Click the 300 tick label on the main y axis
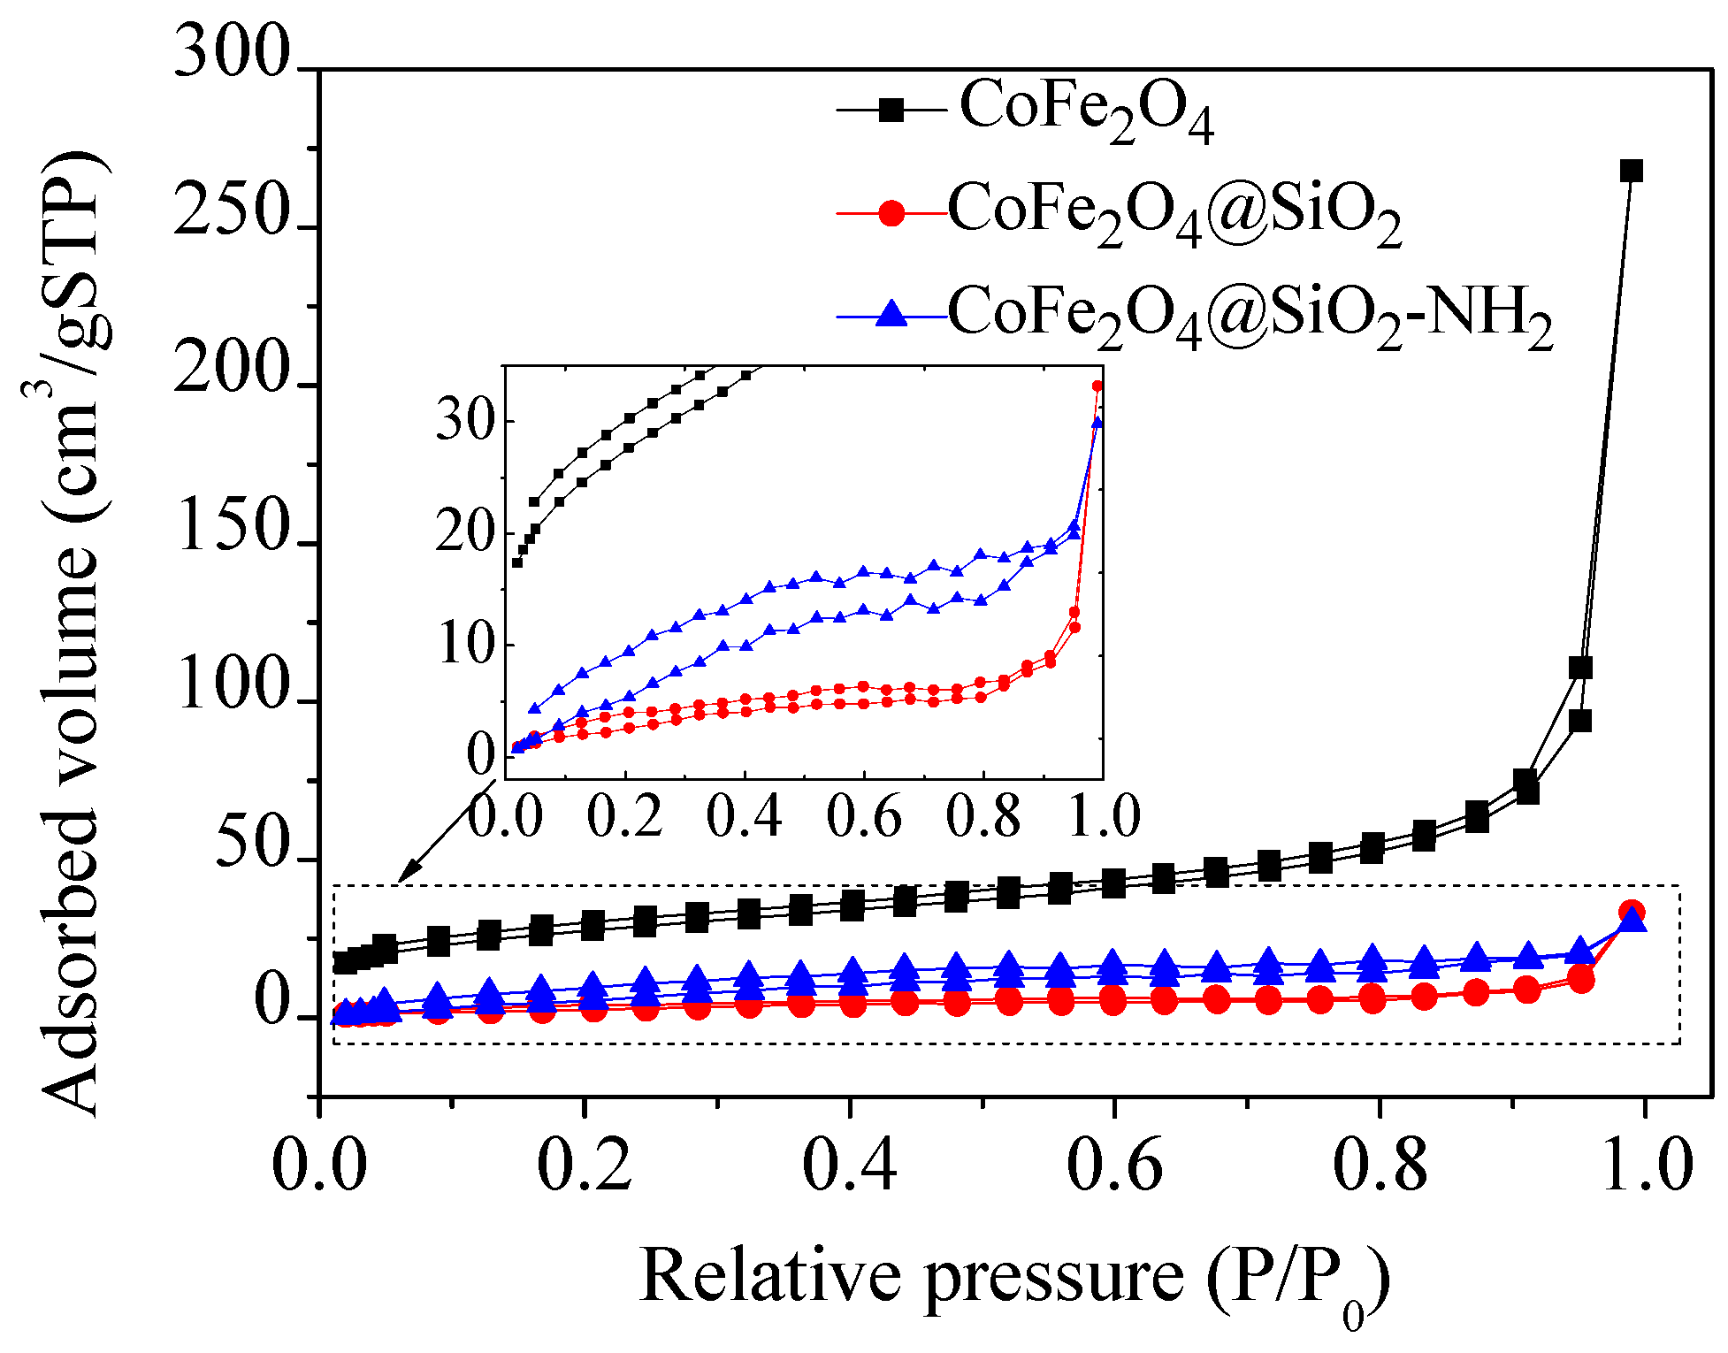pos(232,53)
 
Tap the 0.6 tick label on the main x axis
pos(1114,1166)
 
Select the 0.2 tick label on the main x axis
pos(584,1166)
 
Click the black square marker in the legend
pos(891,111)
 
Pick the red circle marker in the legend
pos(891,213)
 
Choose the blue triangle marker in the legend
pos(891,314)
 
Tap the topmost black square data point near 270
pos(1632,171)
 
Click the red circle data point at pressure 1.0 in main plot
pos(1632,912)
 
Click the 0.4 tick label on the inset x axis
pos(745,815)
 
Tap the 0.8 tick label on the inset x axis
pos(983,815)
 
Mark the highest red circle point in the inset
pos(1097,386)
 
